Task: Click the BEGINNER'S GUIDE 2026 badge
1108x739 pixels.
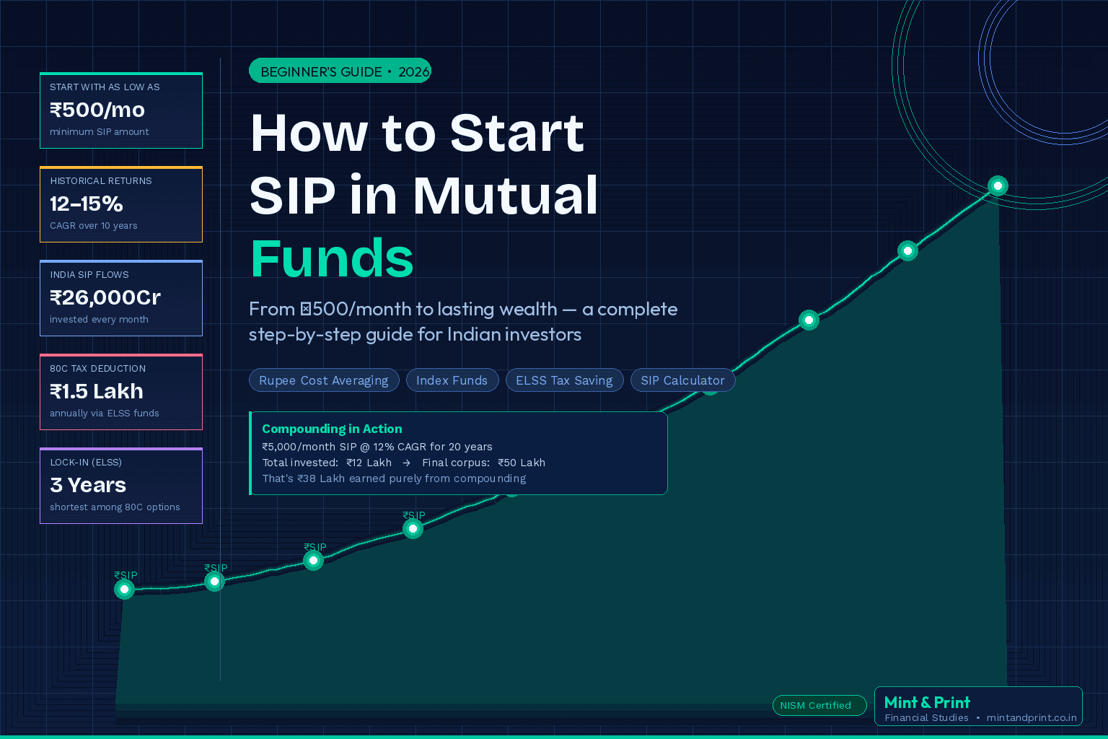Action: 340,71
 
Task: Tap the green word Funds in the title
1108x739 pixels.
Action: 332,258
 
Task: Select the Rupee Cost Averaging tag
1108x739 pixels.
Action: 323,380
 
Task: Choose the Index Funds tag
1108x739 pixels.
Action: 452,380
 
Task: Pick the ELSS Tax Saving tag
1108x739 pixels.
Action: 564,380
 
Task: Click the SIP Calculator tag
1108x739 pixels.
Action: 682,380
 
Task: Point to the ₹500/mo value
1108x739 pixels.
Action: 97,110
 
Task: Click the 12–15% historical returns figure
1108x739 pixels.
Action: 87,204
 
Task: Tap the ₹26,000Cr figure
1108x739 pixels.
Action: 105,297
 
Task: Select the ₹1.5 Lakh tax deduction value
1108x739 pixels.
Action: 97,391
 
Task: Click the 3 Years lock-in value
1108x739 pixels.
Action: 88,485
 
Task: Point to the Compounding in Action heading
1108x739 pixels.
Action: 332,429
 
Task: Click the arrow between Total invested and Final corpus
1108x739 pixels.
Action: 407,463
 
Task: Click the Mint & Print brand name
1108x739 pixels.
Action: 927,702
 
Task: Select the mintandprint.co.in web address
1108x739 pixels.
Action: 1032,717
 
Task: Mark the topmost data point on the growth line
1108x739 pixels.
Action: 998,186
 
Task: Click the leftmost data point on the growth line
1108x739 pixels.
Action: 124,590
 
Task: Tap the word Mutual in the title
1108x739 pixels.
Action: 505,196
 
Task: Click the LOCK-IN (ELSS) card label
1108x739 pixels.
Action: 86,462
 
